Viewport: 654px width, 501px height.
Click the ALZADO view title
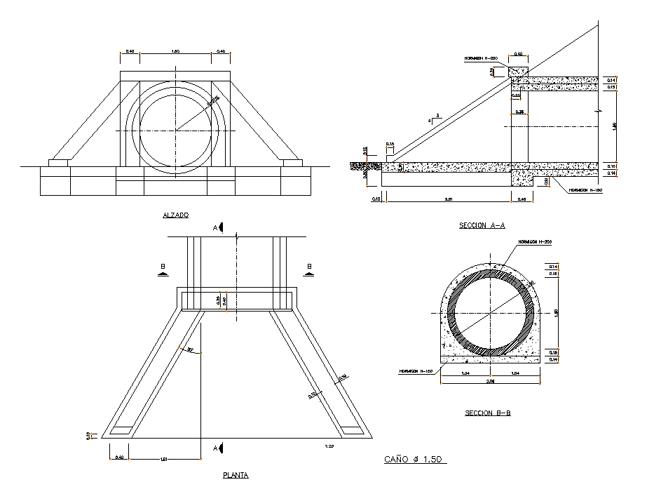pyautogui.click(x=175, y=215)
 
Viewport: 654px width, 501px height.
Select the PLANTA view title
pyautogui.click(x=236, y=475)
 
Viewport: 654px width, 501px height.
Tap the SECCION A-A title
pyautogui.click(x=482, y=225)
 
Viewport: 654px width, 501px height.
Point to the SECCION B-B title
pyautogui.click(x=487, y=413)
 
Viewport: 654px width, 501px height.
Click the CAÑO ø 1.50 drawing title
pyautogui.click(x=415, y=460)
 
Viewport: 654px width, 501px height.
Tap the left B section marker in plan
pyautogui.click(x=163, y=269)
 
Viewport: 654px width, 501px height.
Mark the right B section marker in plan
pyautogui.click(x=308, y=269)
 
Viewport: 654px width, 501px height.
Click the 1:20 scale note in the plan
pyautogui.click(x=329, y=446)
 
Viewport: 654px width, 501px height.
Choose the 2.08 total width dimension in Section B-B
pyautogui.click(x=490, y=382)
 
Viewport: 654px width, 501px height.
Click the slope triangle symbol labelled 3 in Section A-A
pyautogui.click(x=436, y=119)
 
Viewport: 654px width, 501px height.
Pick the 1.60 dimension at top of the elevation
pyautogui.click(x=175, y=51)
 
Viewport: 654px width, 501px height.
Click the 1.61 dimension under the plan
pyautogui.click(x=164, y=459)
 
